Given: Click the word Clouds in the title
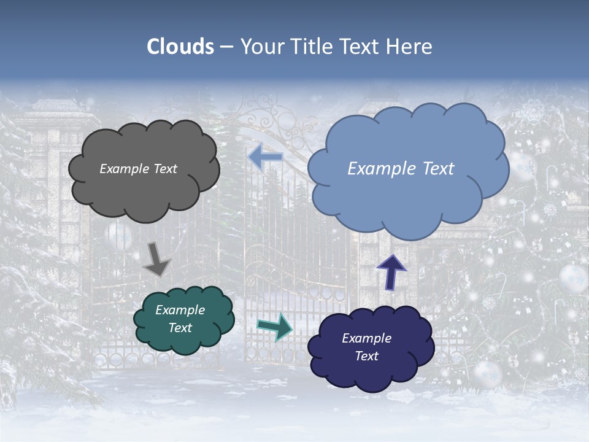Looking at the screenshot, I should (180, 47).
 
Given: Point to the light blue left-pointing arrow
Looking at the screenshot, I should (266, 157).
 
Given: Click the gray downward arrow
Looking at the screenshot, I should (156, 258).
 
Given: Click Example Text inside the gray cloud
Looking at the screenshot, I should (138, 169).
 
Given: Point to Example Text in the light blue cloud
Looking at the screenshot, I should (401, 169).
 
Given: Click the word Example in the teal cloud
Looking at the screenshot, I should (180, 310).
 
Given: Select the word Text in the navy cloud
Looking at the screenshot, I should (367, 356).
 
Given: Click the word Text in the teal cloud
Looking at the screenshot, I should (180, 328).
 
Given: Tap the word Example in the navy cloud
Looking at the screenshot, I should (366, 338).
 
